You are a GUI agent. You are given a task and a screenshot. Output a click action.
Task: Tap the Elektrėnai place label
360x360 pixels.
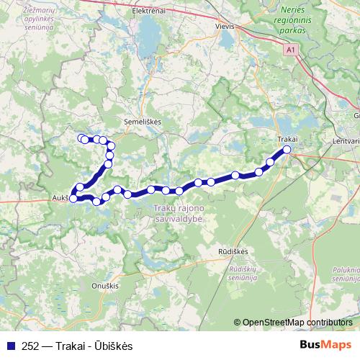pyautogui.click(x=150, y=12)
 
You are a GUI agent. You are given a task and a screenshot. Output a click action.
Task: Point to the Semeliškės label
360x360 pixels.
pyautogui.click(x=143, y=122)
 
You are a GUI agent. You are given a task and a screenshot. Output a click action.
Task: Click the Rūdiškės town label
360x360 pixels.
pyautogui.click(x=233, y=251)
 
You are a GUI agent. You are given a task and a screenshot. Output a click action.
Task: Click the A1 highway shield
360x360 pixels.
pyautogui.click(x=290, y=50)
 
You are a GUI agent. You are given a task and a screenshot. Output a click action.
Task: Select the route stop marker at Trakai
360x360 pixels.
pyautogui.click(x=287, y=150)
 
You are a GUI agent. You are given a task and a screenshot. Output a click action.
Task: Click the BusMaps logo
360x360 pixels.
pyautogui.click(x=325, y=345)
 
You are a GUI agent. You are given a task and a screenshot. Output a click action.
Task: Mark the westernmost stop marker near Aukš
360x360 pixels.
pyautogui.click(x=73, y=198)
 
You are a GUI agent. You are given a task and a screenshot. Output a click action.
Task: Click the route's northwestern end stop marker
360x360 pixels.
pyautogui.click(x=81, y=138)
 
